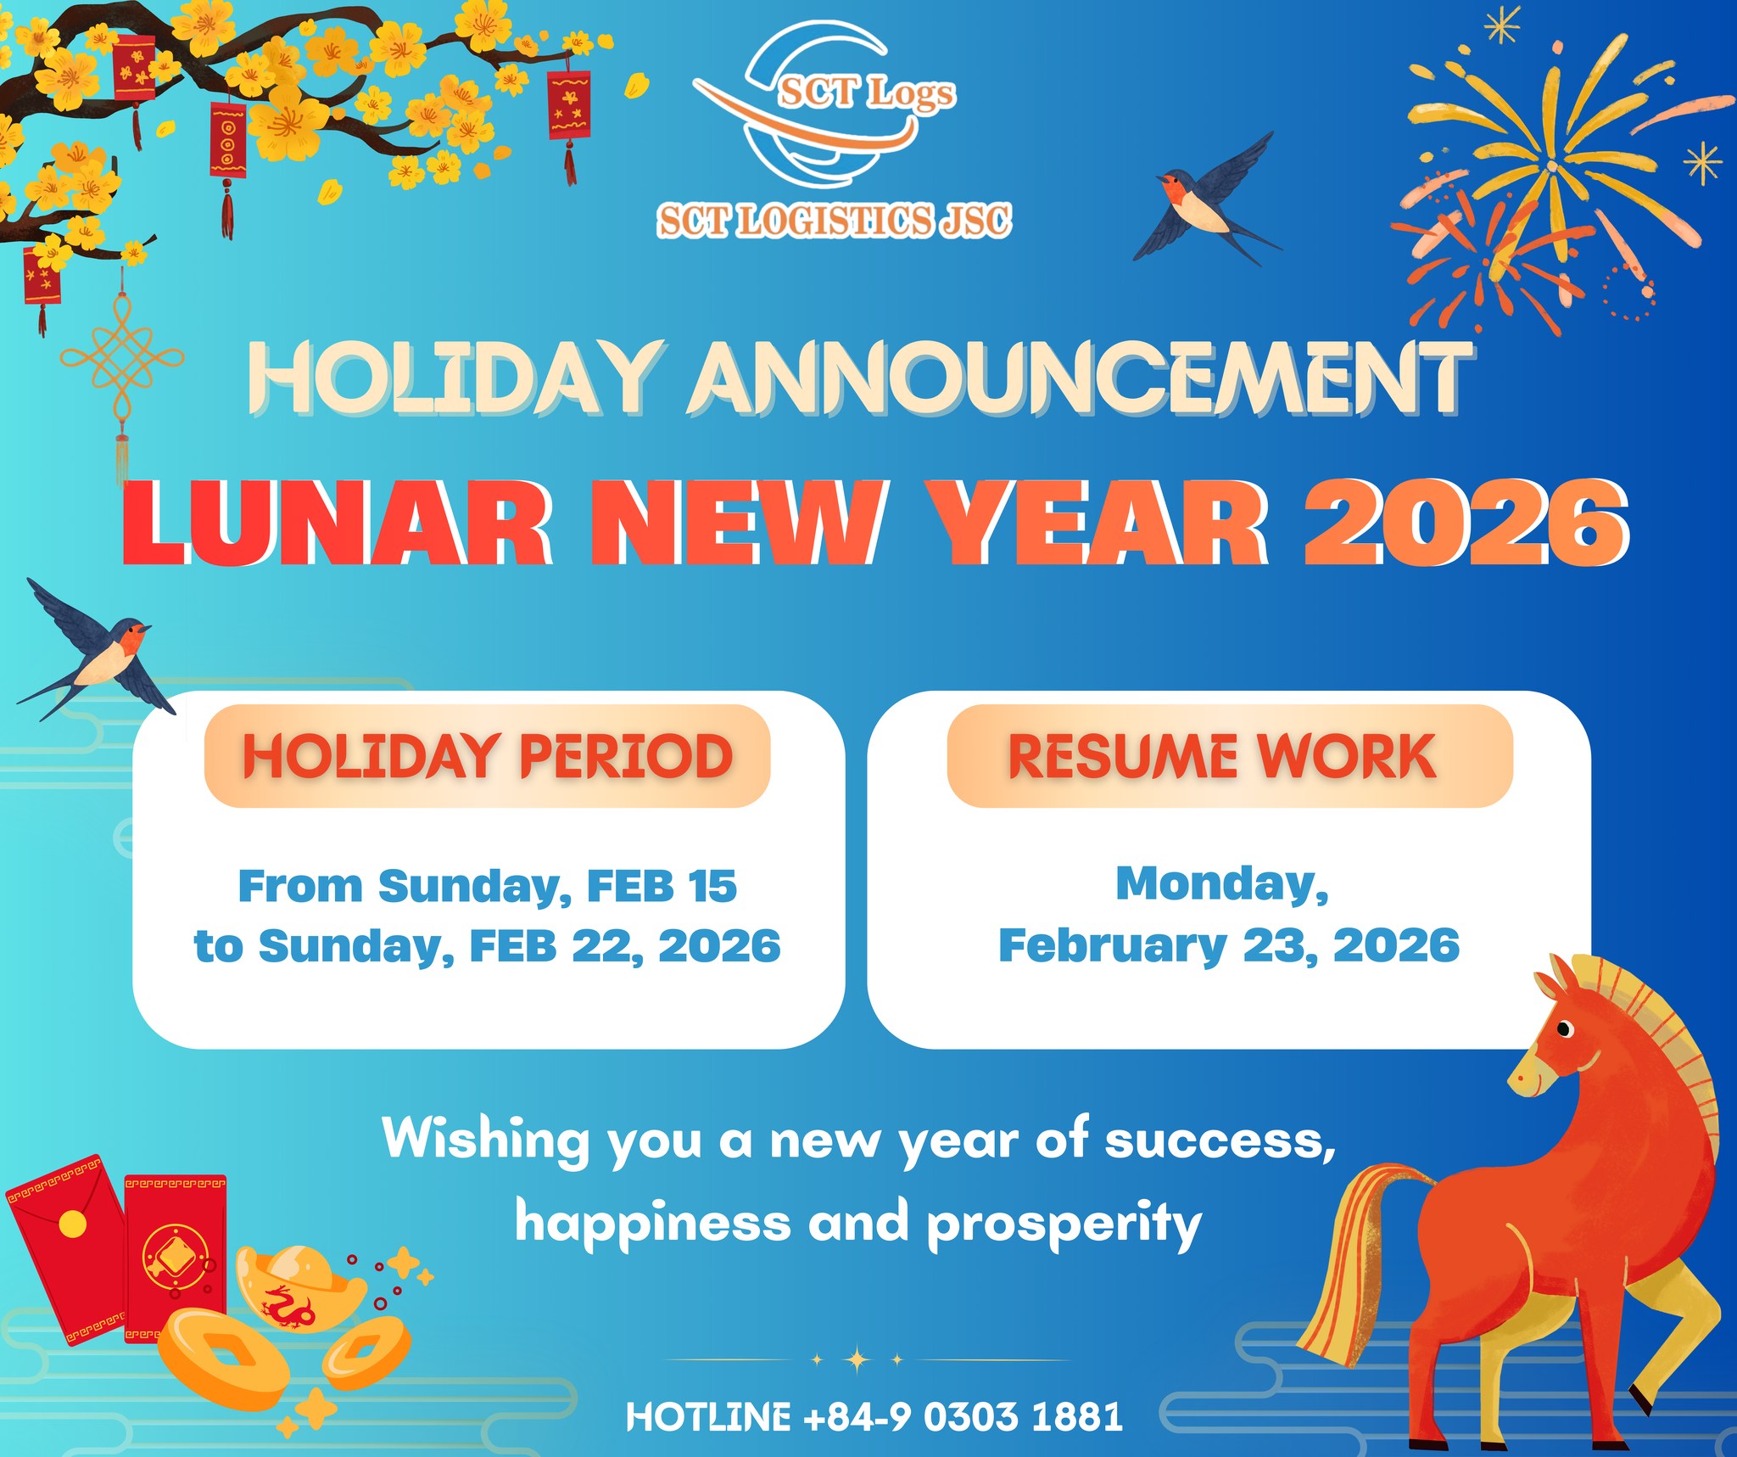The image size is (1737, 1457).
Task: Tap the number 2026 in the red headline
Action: tap(1466, 522)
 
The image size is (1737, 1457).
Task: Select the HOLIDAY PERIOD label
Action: tap(487, 755)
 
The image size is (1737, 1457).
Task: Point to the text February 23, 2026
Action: tap(1229, 945)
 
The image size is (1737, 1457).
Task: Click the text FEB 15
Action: tap(662, 886)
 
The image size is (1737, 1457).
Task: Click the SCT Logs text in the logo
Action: tap(866, 92)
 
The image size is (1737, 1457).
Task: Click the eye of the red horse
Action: tap(1565, 1029)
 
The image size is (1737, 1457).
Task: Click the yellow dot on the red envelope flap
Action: tap(72, 1224)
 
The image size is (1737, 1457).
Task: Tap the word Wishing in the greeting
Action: tap(486, 1139)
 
